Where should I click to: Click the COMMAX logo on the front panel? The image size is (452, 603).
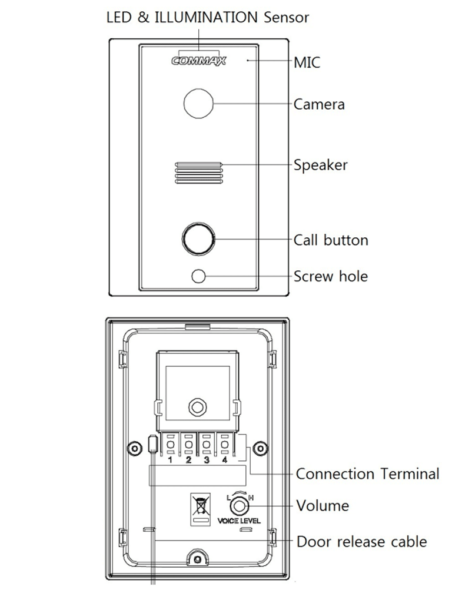[198, 60]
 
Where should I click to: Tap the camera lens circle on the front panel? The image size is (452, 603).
[198, 104]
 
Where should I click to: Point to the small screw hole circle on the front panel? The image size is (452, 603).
[199, 276]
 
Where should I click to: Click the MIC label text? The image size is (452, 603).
[307, 62]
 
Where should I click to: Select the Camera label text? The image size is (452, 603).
[319, 105]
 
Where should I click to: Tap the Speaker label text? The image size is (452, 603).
[320, 165]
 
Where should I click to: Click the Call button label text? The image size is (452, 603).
[331, 240]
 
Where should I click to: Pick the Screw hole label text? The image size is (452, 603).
[330, 276]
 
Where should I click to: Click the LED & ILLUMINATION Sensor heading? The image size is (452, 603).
[207, 17]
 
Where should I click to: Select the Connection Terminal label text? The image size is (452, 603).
[367, 473]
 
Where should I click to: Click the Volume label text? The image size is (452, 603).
[322, 505]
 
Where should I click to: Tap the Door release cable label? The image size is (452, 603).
[361, 541]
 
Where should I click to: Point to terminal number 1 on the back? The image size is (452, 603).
[169, 460]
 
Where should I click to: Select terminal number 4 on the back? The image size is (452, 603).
[224, 460]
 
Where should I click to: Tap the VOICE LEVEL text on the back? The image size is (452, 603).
[239, 521]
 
